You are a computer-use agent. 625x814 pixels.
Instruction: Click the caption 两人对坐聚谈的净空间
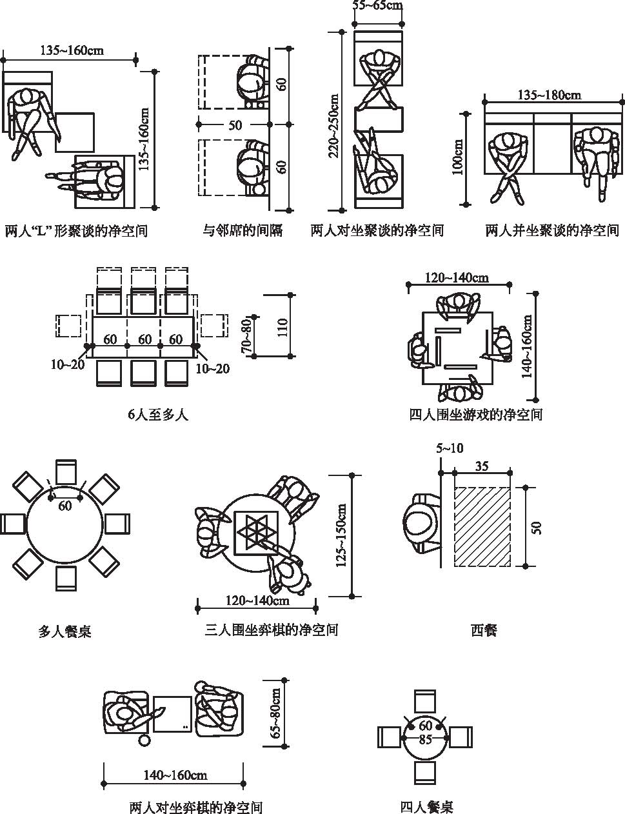[x=377, y=230]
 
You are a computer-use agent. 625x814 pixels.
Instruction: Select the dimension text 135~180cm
[x=549, y=95]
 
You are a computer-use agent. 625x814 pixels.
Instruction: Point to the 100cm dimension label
[x=458, y=158]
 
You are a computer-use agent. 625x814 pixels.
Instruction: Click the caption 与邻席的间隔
[x=243, y=230]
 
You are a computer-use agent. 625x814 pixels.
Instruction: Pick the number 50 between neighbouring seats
[x=235, y=125]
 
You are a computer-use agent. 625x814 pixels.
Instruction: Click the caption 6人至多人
[x=157, y=414]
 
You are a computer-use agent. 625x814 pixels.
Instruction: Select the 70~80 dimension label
[x=246, y=335]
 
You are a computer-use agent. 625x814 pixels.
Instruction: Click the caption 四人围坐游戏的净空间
[x=476, y=414]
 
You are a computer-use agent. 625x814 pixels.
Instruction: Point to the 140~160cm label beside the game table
[x=527, y=346]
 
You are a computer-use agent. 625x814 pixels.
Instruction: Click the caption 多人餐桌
[x=64, y=631]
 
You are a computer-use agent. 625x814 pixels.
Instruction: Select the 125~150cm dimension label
[x=342, y=536]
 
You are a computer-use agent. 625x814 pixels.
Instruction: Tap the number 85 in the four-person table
[x=425, y=739]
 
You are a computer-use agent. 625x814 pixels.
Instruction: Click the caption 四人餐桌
[x=426, y=806]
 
